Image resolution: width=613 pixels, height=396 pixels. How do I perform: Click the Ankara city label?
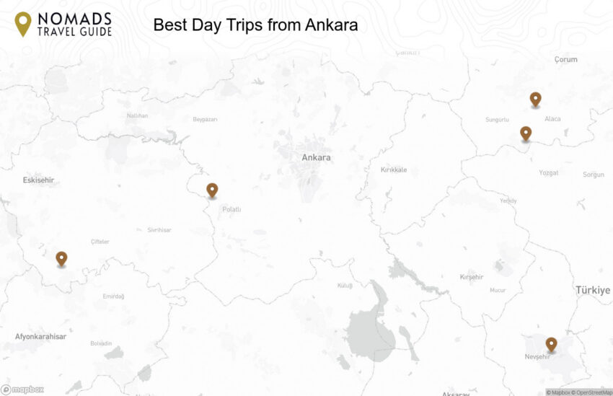point(316,157)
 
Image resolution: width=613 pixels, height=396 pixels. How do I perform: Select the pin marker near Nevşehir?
point(551,344)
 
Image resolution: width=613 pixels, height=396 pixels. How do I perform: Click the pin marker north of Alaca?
point(535,99)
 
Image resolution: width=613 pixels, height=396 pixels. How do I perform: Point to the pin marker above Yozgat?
point(526,133)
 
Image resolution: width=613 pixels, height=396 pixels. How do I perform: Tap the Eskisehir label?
point(39,180)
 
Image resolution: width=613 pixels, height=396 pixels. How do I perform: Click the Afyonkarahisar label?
point(40,337)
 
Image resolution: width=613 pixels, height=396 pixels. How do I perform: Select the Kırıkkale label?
point(394,170)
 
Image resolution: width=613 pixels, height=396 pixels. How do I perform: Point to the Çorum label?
point(565,60)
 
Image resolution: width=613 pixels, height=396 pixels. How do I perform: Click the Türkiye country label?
point(592,290)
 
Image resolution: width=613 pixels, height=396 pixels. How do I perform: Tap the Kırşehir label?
point(471,277)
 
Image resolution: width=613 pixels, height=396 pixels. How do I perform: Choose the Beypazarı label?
point(205,119)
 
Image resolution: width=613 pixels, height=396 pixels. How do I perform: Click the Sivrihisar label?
point(159,230)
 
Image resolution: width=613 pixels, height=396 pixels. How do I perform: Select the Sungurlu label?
point(497,119)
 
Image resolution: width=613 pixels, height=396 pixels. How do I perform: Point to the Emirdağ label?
point(113,296)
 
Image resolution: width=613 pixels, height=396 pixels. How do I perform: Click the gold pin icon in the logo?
point(23,24)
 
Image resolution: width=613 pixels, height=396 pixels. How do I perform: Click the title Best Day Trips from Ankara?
point(255,25)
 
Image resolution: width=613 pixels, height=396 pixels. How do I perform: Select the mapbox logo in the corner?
point(22,390)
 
